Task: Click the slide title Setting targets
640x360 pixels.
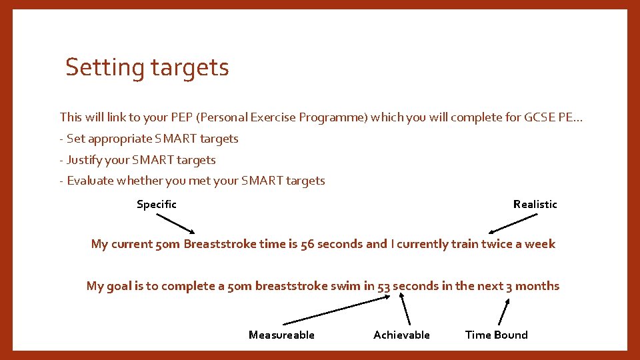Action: pyautogui.click(x=147, y=67)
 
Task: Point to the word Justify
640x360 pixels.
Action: pyautogui.click(x=86, y=160)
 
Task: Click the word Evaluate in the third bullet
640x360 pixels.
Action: pyautogui.click(x=91, y=181)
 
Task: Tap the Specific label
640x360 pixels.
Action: pyautogui.click(x=156, y=204)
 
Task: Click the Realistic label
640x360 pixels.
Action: pyautogui.click(x=535, y=204)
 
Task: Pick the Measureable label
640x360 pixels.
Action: pyautogui.click(x=281, y=335)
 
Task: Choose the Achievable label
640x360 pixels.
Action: pyautogui.click(x=401, y=335)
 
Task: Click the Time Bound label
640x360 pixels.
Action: pyautogui.click(x=496, y=335)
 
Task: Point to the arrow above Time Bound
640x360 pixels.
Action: pyautogui.click(x=504, y=311)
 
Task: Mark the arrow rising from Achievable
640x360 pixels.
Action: pyautogui.click(x=405, y=311)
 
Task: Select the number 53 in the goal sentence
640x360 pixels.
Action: pyautogui.click(x=383, y=286)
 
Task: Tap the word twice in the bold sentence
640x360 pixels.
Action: pyautogui.click(x=497, y=244)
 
